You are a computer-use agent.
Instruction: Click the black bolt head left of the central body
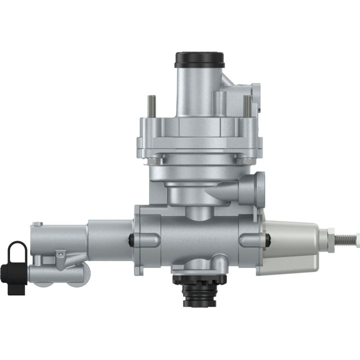pyautogui.click(x=131, y=239)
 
